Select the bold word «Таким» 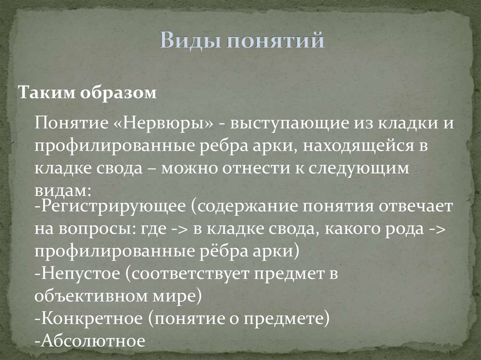pyautogui.click(x=45, y=93)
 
